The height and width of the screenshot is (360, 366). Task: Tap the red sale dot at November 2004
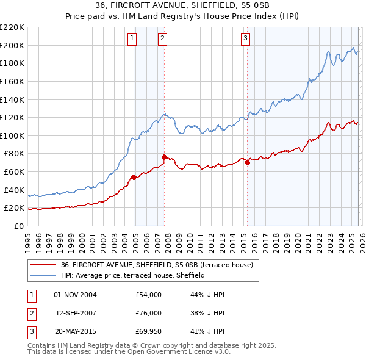click(134, 177)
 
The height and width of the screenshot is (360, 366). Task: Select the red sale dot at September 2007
click(164, 157)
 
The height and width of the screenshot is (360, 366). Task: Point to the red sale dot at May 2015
click(247, 162)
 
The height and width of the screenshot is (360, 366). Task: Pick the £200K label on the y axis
click(13, 45)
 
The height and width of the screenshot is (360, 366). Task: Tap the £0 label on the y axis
click(18, 226)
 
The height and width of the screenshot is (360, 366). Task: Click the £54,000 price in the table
click(148, 295)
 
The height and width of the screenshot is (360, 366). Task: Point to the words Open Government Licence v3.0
click(176, 353)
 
